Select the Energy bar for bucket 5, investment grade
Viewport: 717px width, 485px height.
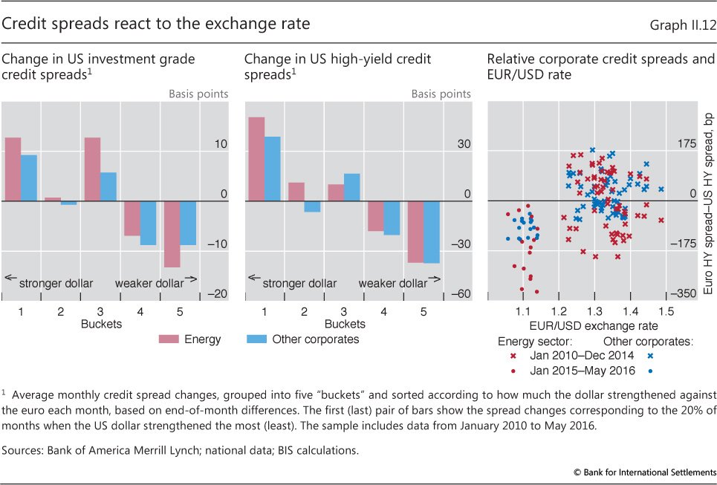pyautogui.click(x=172, y=234)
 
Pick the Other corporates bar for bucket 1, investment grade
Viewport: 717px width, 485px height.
pyautogui.click(x=28, y=178)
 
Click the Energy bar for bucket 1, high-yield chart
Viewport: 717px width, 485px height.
pyautogui.click(x=256, y=159)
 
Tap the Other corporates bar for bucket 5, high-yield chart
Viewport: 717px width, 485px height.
pyautogui.click(x=431, y=232)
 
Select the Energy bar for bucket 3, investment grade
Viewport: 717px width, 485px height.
pyautogui.click(x=92, y=169)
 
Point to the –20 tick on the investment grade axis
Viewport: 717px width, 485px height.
pyautogui.click(x=218, y=295)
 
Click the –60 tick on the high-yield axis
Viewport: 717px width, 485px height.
pyautogui.click(x=461, y=295)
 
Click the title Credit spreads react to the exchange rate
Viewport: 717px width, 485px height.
pyautogui.click(x=156, y=25)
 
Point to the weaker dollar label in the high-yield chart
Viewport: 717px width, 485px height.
pyautogui.click(x=393, y=283)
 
